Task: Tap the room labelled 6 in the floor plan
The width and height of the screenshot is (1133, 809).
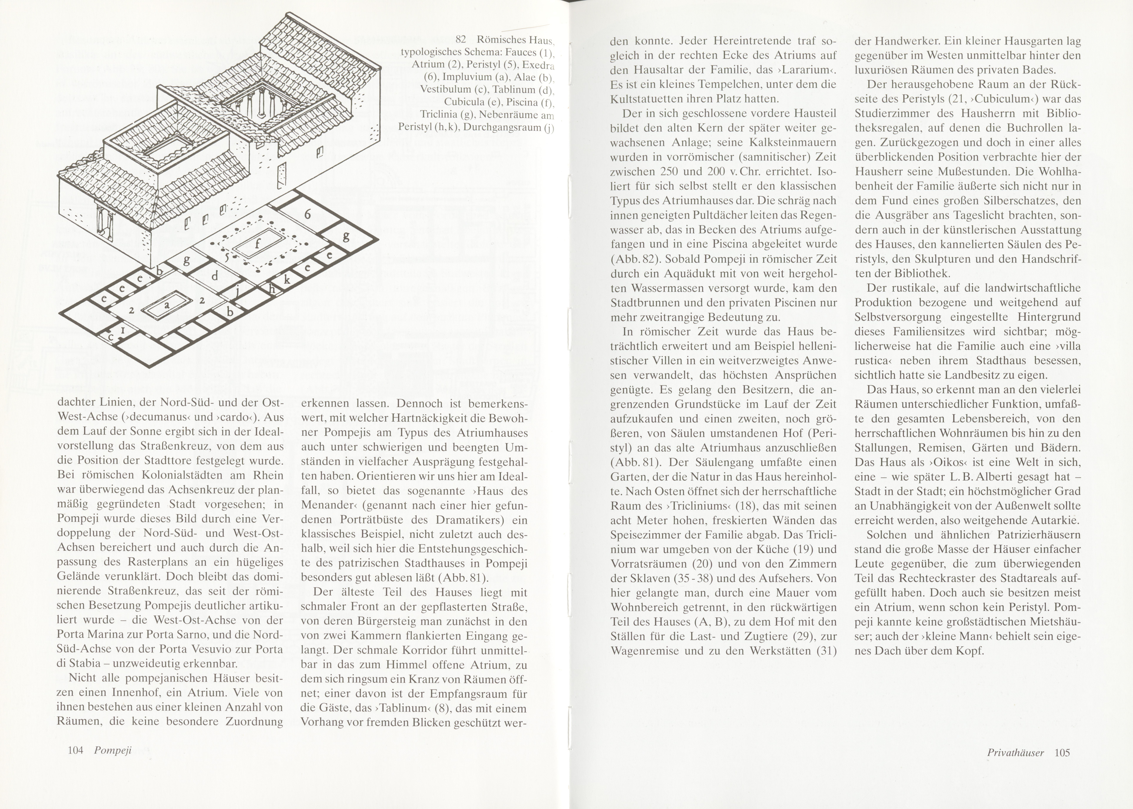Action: point(307,214)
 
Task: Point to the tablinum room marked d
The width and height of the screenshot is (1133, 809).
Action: point(215,276)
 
